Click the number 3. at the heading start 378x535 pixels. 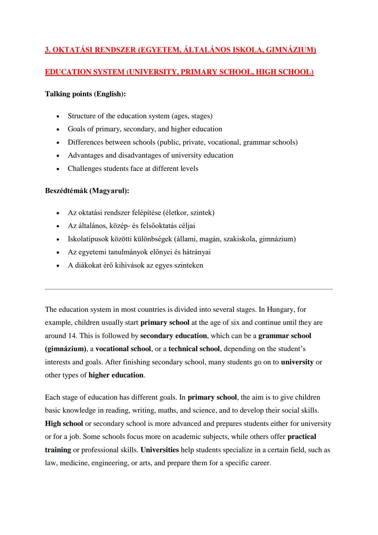click(48, 50)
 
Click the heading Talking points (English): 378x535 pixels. click(85, 94)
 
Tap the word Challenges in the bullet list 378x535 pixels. click(85, 169)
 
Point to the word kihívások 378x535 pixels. click(129, 265)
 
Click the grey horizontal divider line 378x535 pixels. click(189, 289)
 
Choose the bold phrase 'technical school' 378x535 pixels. click(194, 349)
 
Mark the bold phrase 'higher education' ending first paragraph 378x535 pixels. click(116, 375)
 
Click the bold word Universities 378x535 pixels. click(160, 450)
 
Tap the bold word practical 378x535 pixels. click(302, 437)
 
